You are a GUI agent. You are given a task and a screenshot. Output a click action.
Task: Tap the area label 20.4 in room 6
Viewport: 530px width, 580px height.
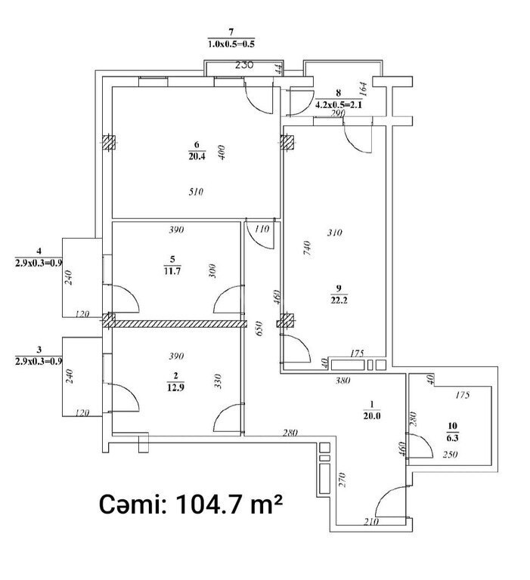(x=197, y=156)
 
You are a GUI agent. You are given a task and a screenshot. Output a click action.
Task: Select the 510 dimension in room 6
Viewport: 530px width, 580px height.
(x=196, y=192)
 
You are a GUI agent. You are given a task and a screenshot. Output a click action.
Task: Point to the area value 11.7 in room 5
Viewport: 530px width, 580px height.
(x=172, y=271)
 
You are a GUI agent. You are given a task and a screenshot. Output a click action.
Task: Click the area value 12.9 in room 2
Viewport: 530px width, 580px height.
(x=175, y=387)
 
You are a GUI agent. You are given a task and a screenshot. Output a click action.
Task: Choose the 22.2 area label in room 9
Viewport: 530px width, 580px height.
(x=339, y=300)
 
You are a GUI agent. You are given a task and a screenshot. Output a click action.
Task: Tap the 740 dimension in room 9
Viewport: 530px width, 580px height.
(x=307, y=248)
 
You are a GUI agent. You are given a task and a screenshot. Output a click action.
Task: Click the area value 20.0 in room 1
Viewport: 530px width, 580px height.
(x=372, y=416)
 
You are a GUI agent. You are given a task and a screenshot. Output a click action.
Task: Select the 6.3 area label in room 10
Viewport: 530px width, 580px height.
(x=453, y=438)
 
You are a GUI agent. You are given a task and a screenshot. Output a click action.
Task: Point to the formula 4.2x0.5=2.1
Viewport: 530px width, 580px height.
(x=339, y=105)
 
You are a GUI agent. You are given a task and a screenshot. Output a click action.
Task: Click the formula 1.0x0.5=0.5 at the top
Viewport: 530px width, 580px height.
(x=231, y=44)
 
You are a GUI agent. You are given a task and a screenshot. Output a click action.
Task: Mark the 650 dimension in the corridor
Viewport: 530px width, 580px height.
(x=259, y=329)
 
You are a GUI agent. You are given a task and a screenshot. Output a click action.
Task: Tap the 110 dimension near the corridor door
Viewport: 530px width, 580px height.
(x=262, y=229)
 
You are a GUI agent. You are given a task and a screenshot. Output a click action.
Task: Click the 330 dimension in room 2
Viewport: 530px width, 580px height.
(x=218, y=381)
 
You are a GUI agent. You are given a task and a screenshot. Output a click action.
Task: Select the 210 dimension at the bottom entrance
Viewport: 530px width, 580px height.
(x=371, y=522)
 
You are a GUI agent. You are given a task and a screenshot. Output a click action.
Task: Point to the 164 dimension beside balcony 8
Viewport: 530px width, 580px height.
(x=364, y=89)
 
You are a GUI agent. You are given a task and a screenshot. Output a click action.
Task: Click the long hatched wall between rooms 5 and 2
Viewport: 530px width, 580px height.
(x=181, y=325)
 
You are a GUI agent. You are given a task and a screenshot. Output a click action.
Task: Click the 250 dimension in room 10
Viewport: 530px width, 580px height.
(x=450, y=454)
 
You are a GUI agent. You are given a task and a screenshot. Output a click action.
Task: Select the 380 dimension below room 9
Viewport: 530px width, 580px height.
(x=342, y=381)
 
